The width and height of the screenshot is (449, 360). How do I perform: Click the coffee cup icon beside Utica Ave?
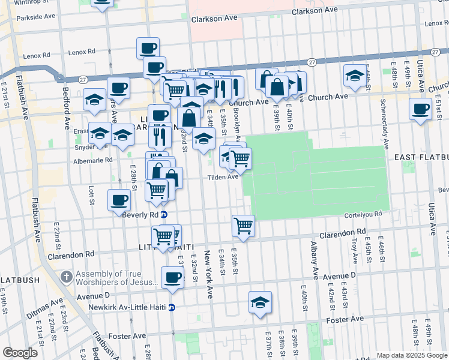[420, 109]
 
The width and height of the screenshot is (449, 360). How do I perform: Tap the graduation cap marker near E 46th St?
[355, 76]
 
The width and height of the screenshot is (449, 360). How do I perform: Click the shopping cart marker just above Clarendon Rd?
[243, 226]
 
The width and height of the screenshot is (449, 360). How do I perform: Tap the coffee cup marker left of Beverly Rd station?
[119, 200]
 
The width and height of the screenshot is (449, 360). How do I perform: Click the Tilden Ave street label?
[223, 177]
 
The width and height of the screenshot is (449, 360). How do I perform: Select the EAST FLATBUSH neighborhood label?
[421, 157]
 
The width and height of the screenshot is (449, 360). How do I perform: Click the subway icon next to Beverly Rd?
[164, 214]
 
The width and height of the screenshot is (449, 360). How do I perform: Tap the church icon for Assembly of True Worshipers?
[67, 278]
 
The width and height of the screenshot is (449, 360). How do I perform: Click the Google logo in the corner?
[20, 353]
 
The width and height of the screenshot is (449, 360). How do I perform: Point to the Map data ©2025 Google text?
[411, 355]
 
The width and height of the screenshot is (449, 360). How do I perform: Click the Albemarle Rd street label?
[92, 160]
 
